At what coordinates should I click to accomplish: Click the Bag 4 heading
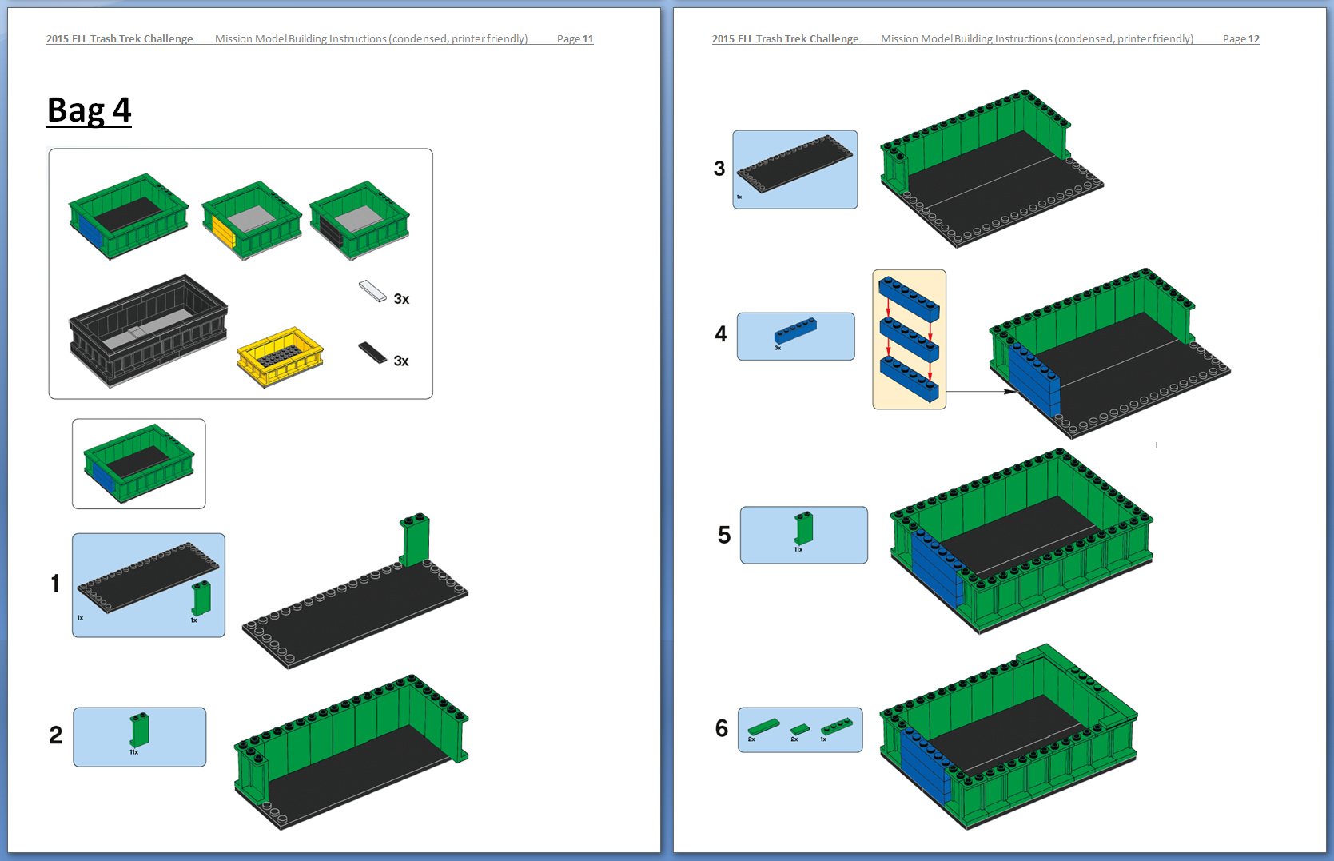tap(89, 110)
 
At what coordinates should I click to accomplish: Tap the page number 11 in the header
tap(587, 38)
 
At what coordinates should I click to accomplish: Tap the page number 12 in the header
tap(1253, 38)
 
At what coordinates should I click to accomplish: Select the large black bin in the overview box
tap(148, 330)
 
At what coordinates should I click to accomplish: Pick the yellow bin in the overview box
tap(280, 357)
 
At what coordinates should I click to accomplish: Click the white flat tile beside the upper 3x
tap(372, 290)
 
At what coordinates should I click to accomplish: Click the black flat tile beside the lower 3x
tap(372, 352)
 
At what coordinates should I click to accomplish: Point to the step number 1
tap(55, 584)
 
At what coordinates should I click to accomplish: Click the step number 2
tap(55, 735)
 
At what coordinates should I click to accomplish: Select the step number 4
tap(721, 334)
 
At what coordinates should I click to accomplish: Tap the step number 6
tap(722, 728)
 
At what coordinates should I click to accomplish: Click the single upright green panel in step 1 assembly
tap(415, 540)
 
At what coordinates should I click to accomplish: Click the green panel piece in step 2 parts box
tap(139, 729)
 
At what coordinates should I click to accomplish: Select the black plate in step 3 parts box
tap(794, 164)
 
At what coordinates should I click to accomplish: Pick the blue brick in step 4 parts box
tap(795, 330)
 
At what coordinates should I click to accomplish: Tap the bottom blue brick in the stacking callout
tap(909, 378)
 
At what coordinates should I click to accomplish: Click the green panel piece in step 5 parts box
tap(803, 528)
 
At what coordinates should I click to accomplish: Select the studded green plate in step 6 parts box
tap(836, 725)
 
